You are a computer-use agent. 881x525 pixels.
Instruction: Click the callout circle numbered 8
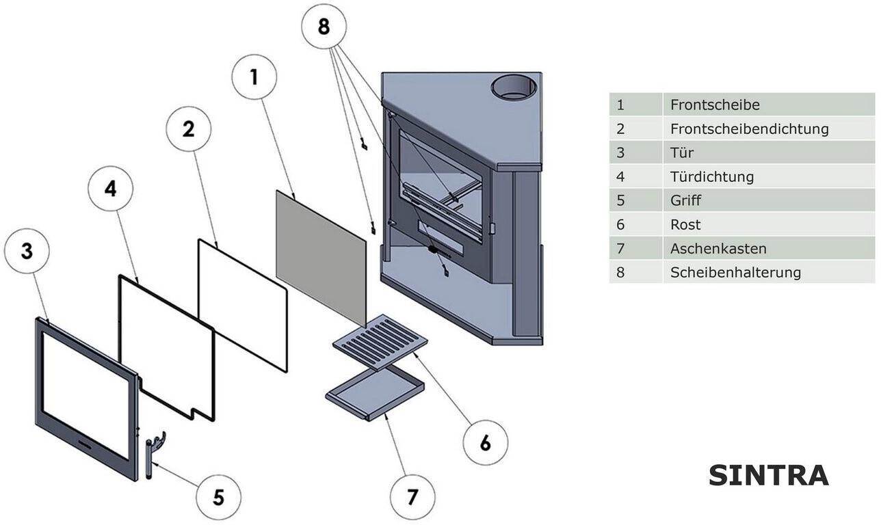coord(324,27)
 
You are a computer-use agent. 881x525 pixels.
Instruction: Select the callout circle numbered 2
coord(189,129)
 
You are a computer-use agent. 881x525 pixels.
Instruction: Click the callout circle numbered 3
coord(27,251)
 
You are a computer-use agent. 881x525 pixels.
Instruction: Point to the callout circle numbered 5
coord(218,497)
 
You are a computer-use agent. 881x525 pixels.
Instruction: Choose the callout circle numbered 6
coord(485,442)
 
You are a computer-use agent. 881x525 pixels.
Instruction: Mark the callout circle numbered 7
coord(412,497)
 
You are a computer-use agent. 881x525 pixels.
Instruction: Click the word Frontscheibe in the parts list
coord(715,105)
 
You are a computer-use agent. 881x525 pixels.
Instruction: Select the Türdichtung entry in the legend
coord(711,177)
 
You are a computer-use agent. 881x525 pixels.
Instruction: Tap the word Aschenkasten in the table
coord(718,249)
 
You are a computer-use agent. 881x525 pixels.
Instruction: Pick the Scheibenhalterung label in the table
coord(735,273)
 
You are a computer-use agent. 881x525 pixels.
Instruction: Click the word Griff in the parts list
coord(685,201)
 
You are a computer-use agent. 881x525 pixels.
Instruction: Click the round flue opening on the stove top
coord(514,87)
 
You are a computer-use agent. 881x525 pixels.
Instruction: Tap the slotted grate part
coord(380,342)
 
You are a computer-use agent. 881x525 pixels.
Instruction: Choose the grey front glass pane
coord(320,256)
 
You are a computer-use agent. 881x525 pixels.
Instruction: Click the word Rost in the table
coord(685,225)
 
